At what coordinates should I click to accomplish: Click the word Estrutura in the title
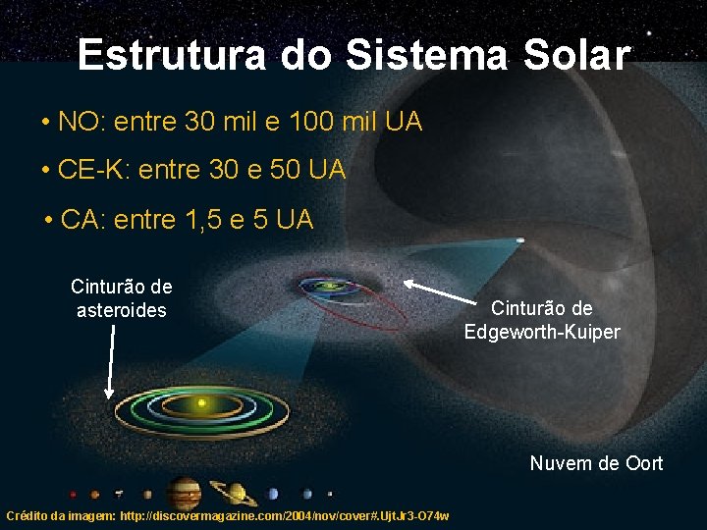[171, 55]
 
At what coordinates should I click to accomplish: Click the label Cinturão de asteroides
[122, 298]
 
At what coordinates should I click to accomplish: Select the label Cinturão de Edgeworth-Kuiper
[542, 320]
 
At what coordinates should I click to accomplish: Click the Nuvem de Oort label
[596, 463]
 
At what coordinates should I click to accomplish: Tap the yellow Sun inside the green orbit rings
[202, 402]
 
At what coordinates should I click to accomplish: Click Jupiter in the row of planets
[184, 494]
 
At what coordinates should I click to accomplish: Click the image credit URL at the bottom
[228, 516]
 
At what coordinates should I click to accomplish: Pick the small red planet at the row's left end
[73, 494]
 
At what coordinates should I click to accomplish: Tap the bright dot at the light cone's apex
[519, 239]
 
